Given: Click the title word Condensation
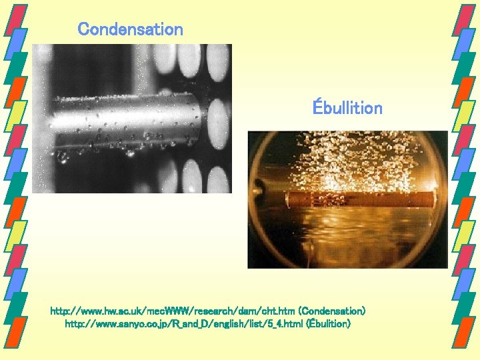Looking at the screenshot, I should click(130, 29).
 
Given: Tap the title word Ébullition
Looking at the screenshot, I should click(347, 108).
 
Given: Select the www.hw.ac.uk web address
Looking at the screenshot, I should click(172, 311).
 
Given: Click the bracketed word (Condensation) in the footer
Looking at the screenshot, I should click(331, 311).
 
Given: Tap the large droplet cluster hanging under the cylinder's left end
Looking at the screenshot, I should click(64, 157).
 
